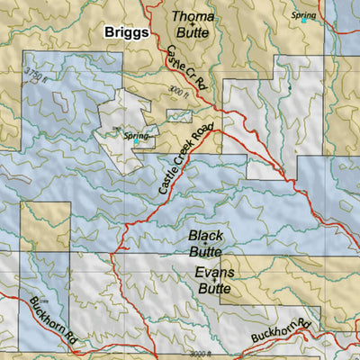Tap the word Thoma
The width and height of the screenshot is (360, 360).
[193, 15]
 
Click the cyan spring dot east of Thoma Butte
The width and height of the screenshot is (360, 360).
[303, 22]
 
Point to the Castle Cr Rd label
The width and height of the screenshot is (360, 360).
[186, 70]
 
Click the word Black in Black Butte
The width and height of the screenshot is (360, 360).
[205, 236]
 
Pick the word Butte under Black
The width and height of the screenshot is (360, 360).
[205, 253]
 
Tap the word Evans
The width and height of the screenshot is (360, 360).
[213, 273]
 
